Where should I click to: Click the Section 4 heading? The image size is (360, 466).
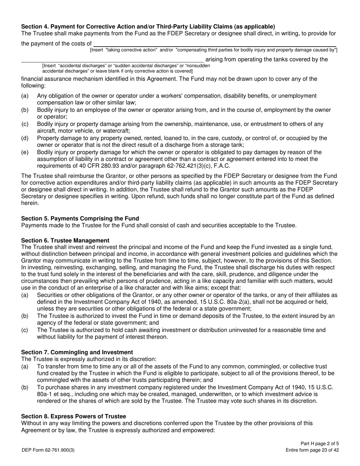tap(148, 27)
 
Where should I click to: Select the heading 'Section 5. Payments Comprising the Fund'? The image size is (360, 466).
tap(80, 218)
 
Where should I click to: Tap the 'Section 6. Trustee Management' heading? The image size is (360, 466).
tap(65, 240)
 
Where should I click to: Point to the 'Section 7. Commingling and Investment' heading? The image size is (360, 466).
tap(77, 352)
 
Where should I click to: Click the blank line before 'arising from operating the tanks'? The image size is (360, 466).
tap(112, 59)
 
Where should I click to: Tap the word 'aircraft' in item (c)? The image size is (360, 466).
tap(47, 130)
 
